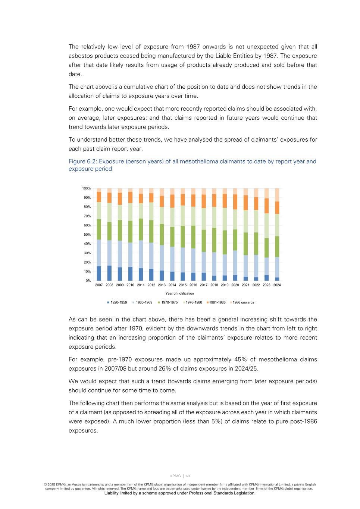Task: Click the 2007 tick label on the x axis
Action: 99,285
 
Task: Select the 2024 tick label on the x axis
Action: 277,285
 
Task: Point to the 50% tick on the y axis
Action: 87,235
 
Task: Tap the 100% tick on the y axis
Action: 86,188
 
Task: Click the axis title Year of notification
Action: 179,293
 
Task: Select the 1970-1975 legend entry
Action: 169,302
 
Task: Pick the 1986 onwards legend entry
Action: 243,302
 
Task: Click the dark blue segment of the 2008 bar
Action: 109,273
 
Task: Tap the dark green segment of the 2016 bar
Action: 193,237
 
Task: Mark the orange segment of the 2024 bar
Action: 277,208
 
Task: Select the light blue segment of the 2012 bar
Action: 151,256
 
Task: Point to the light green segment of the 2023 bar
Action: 266,226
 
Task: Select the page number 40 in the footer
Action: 188,476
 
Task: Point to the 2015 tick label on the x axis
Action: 182,285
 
